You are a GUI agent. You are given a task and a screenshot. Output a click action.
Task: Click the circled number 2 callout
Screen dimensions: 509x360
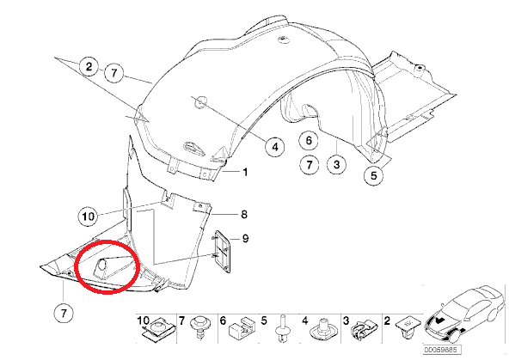tap(89, 67)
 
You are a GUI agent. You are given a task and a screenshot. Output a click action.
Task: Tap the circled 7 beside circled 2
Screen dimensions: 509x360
tap(114, 73)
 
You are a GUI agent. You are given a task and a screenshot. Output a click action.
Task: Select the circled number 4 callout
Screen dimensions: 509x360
tap(275, 147)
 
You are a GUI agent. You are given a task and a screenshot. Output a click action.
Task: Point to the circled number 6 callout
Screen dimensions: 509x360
tap(309, 140)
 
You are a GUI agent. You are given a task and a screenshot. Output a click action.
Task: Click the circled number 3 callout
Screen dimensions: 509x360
tap(337, 164)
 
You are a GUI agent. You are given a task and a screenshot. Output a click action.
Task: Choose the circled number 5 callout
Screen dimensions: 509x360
tap(374, 175)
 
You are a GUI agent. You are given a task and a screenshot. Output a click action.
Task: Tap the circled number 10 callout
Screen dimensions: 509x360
tap(88, 216)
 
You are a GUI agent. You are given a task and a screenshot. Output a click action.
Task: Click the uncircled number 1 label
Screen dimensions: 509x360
tap(245, 172)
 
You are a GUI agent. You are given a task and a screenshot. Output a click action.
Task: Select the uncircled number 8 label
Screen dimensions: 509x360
tap(244, 215)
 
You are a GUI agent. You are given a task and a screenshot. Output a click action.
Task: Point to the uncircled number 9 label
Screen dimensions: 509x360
tap(245, 239)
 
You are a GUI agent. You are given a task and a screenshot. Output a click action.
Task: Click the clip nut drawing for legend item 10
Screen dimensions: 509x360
tap(159, 328)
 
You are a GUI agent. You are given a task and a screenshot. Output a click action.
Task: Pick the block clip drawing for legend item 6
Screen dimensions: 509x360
tap(242, 328)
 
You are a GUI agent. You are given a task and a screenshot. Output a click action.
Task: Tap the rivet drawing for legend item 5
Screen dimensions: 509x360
tap(282, 328)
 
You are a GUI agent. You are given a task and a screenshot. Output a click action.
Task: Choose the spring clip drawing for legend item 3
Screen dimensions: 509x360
tap(362, 331)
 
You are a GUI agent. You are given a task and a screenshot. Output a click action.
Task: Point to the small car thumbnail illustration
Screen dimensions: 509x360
tap(465, 314)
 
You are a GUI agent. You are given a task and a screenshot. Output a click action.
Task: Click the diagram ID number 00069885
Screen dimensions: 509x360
tap(442, 350)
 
